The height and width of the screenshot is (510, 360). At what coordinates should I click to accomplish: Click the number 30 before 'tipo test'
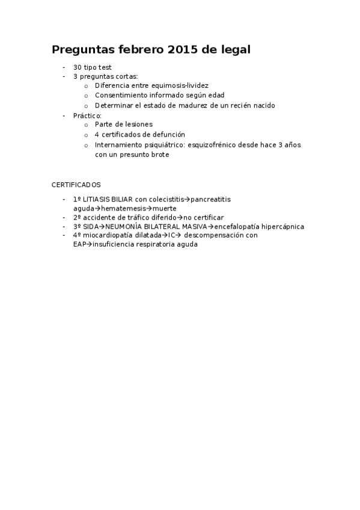77,67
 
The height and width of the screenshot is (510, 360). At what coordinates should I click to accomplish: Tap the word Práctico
87,115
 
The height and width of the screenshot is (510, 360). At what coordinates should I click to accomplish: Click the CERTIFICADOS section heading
76,184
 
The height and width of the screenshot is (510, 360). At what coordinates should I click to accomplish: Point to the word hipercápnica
283,227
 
